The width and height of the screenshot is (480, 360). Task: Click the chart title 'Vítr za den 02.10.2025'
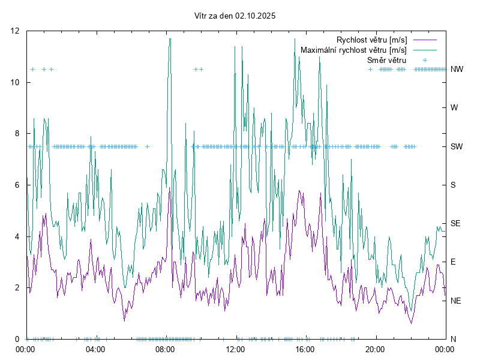[x=235, y=16]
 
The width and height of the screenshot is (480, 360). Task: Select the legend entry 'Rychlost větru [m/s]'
[x=371, y=40]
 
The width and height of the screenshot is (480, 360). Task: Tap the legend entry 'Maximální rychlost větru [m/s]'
[x=353, y=50]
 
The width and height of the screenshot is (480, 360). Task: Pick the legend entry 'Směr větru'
[x=386, y=60]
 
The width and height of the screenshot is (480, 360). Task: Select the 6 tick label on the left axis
[x=18, y=185]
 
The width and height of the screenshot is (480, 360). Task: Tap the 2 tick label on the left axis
[x=18, y=287]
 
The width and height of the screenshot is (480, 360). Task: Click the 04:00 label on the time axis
[x=95, y=349]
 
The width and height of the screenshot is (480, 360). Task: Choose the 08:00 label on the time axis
[x=165, y=349]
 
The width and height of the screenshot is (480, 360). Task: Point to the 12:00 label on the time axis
[x=235, y=349]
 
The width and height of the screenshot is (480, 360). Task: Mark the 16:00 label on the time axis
[x=305, y=349]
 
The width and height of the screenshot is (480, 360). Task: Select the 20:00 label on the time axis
[x=375, y=349]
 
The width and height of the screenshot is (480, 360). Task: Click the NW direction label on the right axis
[x=457, y=69]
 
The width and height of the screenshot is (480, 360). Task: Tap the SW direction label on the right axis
[x=457, y=146]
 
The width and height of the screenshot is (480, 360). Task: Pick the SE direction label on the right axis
[x=455, y=223]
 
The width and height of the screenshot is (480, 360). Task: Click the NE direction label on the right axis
[x=455, y=301]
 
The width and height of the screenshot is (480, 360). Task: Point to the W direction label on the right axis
[x=454, y=108]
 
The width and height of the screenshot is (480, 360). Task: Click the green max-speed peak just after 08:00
[x=170, y=40]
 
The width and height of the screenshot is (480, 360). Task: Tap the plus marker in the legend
[x=424, y=60]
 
